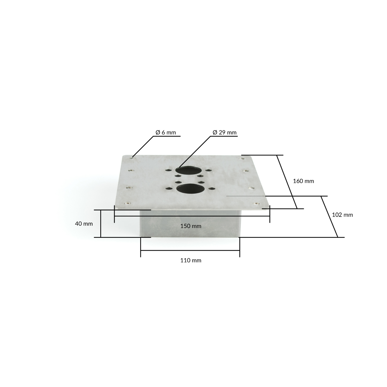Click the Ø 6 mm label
coord(166,133)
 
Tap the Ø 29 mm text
coord(224,133)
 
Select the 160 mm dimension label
coord(303,181)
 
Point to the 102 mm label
coord(342,215)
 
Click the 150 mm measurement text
coord(191,226)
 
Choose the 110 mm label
coord(191,260)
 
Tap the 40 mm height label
coord(84,224)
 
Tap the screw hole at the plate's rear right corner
coord(242,158)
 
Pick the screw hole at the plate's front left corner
coord(126,204)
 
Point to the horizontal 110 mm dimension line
coord(190,250)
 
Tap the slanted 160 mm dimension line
coord(287,182)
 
